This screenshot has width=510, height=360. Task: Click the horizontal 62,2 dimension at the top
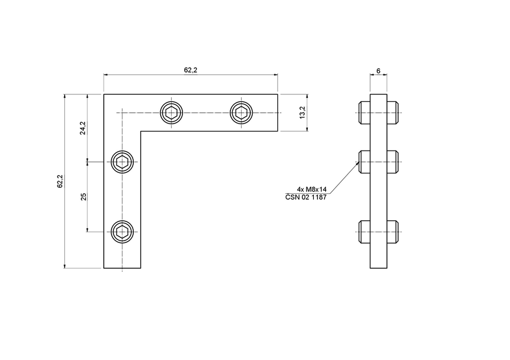pos(190,70)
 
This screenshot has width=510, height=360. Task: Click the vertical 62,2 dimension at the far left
pos(60,181)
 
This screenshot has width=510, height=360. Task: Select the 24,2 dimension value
pos(83,128)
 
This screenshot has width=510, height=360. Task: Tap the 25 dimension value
pos(83,196)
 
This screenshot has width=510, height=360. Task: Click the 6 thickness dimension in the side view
pos(378,71)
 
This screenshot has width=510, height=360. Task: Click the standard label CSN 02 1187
pos(305,197)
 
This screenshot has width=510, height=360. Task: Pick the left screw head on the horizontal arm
pos(172,112)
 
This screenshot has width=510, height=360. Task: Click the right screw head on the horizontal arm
pos(242,112)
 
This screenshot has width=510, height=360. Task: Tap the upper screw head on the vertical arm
pos(122,161)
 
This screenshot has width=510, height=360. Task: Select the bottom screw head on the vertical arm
pos(122,231)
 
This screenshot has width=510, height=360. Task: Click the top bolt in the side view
pos(379,112)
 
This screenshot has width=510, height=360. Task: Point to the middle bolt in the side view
pos(379,161)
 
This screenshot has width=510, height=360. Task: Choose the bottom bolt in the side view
pos(379,231)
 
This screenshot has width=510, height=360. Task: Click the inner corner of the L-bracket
pos(141,131)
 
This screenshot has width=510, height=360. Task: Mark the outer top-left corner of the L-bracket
pos(104,94)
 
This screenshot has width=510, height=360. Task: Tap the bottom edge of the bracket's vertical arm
pos(122,268)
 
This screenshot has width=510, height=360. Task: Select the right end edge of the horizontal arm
pos(278,112)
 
